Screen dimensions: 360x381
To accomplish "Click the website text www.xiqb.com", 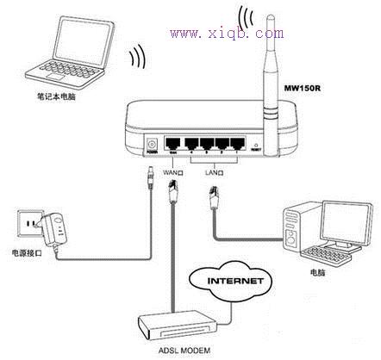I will pyautogui.click(x=227, y=33).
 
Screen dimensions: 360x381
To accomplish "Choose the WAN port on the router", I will pyautogui.click(x=175, y=144).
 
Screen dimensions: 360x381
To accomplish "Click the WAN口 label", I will pyautogui.click(x=176, y=171).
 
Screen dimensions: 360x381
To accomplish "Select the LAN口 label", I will pyautogui.click(x=214, y=171).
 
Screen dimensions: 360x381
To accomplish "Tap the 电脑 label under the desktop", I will pyautogui.click(x=321, y=269).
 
